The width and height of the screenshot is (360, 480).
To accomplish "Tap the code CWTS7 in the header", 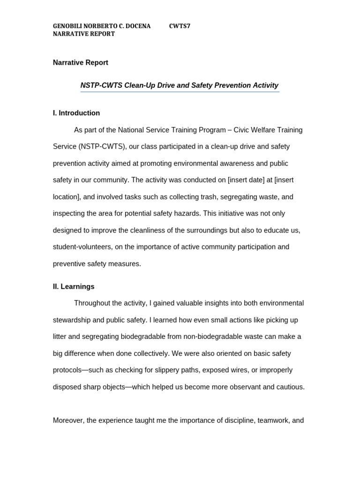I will coord(180,26).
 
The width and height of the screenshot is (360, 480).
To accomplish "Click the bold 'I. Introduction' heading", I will coord(76,113).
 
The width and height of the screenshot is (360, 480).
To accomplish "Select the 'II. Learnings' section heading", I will coord(74,286).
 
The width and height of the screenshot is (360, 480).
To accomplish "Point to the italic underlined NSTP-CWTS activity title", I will coord(180,85).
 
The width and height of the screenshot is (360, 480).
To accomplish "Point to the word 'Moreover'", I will coord(68,420).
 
